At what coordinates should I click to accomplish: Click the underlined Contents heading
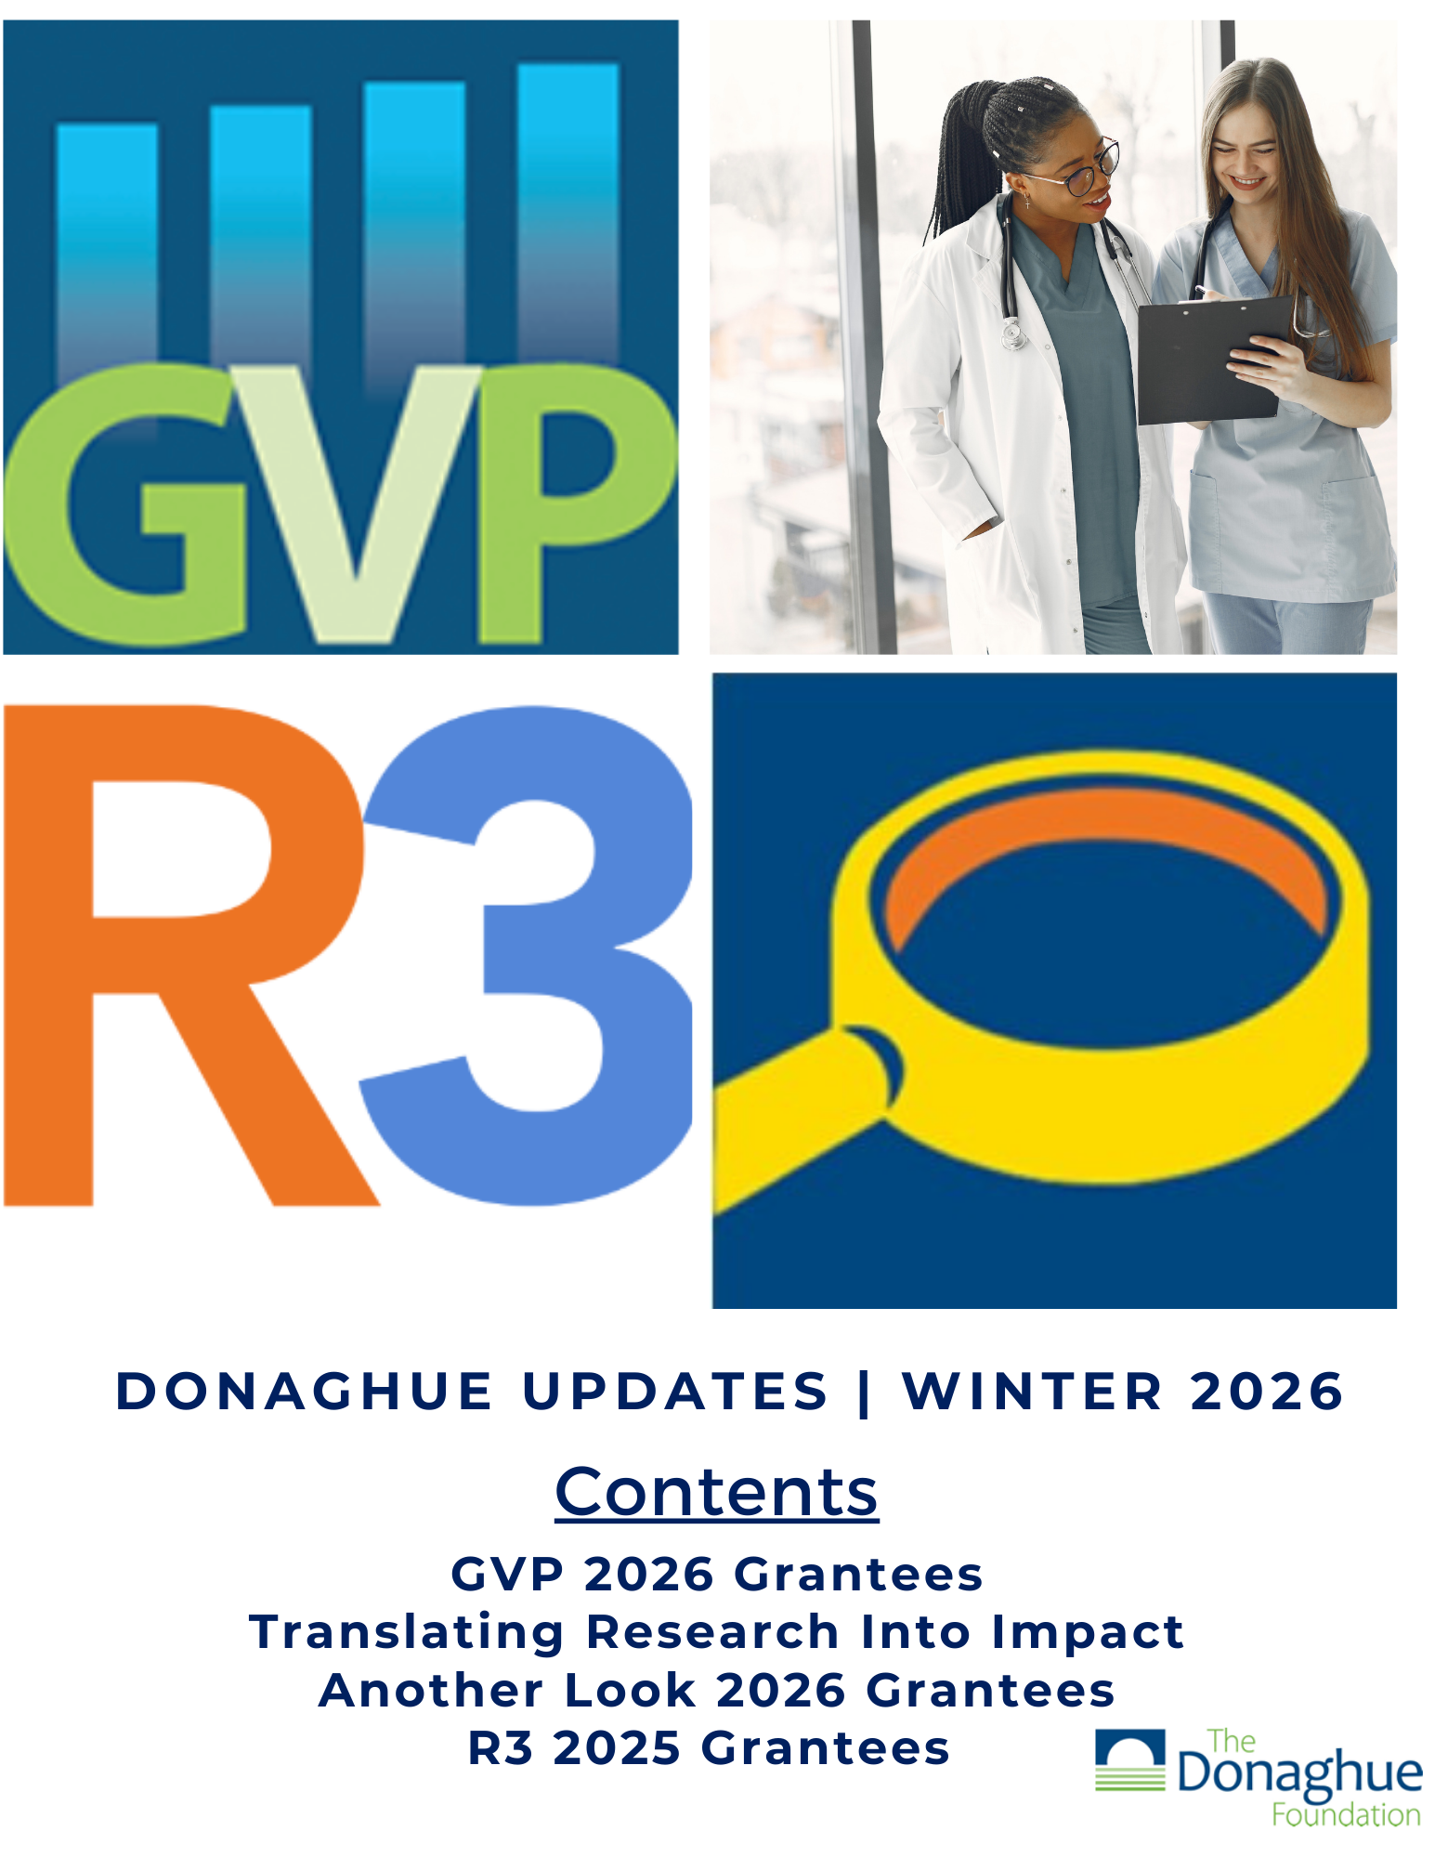click(716, 1493)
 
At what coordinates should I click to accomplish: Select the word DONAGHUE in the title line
click(304, 1392)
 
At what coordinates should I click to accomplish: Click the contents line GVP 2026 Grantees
click(716, 1575)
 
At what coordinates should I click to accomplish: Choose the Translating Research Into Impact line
click(716, 1632)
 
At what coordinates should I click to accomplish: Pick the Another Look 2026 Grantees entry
click(716, 1690)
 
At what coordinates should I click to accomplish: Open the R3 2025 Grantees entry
click(708, 1747)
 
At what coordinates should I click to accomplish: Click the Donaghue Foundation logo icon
click(1129, 1759)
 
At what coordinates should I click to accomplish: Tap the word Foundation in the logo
click(1346, 1814)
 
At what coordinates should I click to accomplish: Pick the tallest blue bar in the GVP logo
click(567, 214)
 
